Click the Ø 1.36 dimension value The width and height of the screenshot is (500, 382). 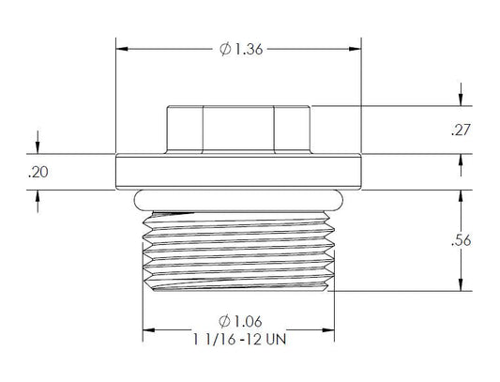tap(239, 50)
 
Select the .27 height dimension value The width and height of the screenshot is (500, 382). tap(461, 130)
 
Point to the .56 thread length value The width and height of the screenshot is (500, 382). tap(461, 240)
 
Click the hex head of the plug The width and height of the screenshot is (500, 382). tap(238, 130)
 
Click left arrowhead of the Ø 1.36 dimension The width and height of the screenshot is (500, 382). tap(121, 50)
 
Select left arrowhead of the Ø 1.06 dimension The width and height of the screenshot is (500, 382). tap(147, 329)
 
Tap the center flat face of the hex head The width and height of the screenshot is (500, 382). tap(238, 130)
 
